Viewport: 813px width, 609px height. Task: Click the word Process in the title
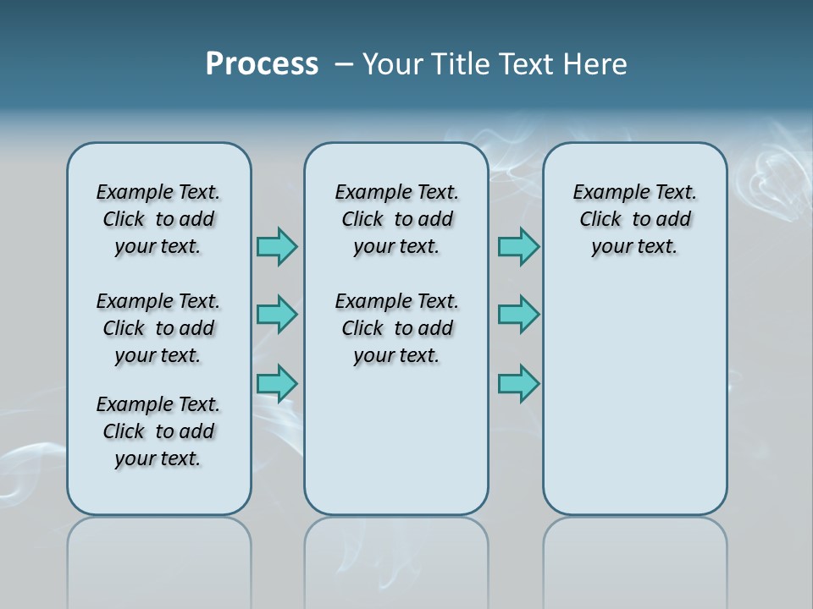pos(262,64)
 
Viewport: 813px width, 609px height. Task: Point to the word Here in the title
pos(594,64)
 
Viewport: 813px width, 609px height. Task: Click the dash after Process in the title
pos(344,64)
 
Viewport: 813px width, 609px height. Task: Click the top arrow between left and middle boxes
pos(277,246)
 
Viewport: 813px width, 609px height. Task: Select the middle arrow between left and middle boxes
pos(277,315)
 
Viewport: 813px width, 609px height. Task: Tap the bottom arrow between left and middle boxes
pos(277,383)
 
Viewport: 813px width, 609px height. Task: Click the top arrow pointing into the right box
pos(518,246)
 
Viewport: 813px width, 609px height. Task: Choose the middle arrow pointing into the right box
pos(518,315)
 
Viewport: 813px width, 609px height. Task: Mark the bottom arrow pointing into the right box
pos(518,383)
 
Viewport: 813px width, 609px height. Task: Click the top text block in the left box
pos(158,219)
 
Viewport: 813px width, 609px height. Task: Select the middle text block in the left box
pos(158,328)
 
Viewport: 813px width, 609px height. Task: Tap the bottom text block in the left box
pos(158,431)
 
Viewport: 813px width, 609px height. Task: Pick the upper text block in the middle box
pos(396,219)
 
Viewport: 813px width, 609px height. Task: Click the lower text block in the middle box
pos(396,328)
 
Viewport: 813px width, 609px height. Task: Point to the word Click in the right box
pos(600,220)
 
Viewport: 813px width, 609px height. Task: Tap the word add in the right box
pos(675,220)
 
